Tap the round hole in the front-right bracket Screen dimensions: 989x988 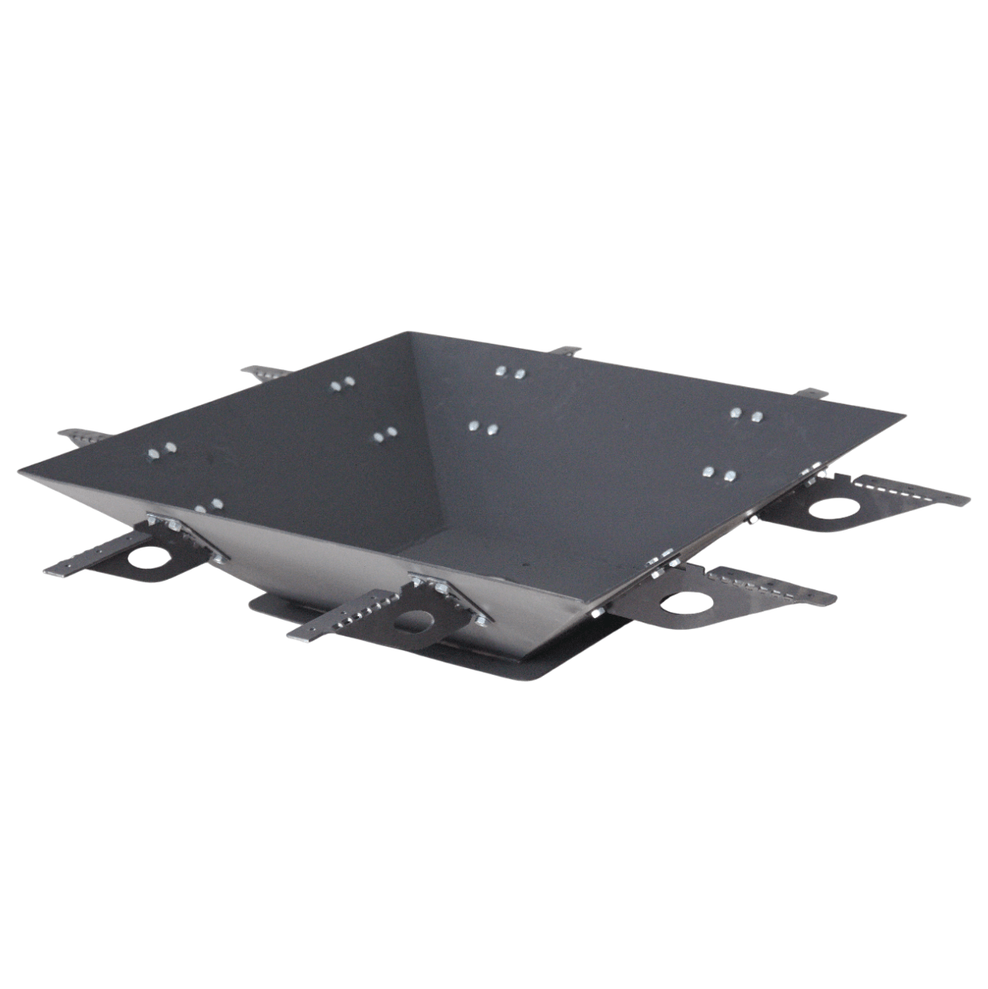click(684, 602)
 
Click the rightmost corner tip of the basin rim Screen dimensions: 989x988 click(903, 415)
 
